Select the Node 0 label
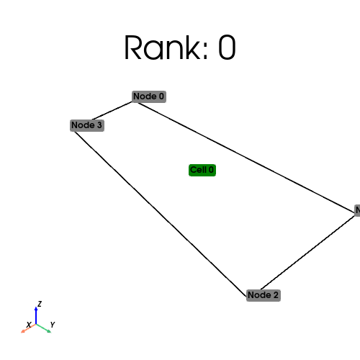[149, 96]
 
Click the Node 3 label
[87, 125]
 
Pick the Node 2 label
[263, 295]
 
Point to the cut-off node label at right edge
[357, 210]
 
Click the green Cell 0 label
[202, 170]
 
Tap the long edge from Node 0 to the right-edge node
[245, 155]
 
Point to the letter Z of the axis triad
[40, 304]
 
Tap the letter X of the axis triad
[28, 325]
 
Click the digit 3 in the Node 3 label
[99, 125]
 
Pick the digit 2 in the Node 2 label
[275, 295]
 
